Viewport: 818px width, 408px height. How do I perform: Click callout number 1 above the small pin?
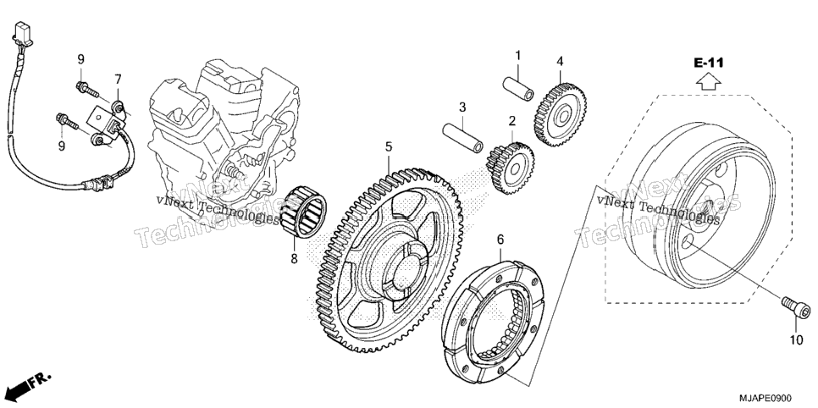518,55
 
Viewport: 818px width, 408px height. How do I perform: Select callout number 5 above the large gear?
389,147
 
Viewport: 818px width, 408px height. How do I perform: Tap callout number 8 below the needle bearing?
294,257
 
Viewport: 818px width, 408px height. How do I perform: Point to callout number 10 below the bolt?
796,340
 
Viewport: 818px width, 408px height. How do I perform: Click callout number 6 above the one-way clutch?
500,240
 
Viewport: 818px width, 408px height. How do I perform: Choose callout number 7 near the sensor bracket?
118,80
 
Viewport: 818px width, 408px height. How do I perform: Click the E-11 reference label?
709,63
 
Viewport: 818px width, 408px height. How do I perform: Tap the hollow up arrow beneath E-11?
709,81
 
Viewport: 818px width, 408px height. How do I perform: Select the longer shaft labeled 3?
462,138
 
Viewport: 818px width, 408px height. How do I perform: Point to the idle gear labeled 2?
510,168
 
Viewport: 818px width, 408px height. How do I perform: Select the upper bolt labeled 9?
87,90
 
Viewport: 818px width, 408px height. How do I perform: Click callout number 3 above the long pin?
462,108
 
